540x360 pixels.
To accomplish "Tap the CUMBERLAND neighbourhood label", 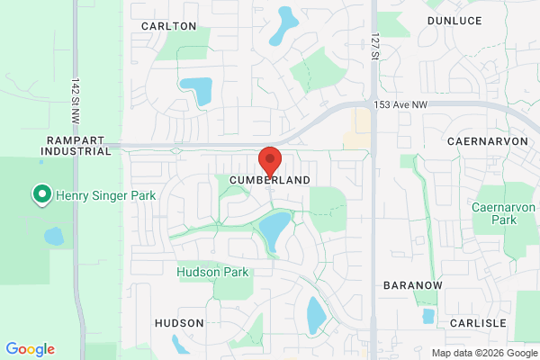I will pos(269,180).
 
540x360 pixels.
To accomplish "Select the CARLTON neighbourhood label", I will pos(168,26).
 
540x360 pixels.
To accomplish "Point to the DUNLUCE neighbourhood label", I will pos(454,19).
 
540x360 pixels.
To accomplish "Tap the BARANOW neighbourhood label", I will pos(413,284).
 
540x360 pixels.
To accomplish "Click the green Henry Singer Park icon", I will pos(40,194).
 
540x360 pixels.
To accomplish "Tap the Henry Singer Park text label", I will pos(105,194).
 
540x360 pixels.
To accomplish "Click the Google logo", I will pos(30,349).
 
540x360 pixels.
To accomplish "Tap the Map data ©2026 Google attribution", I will pos(483,352).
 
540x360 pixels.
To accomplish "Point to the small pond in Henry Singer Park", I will pos(53,237).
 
